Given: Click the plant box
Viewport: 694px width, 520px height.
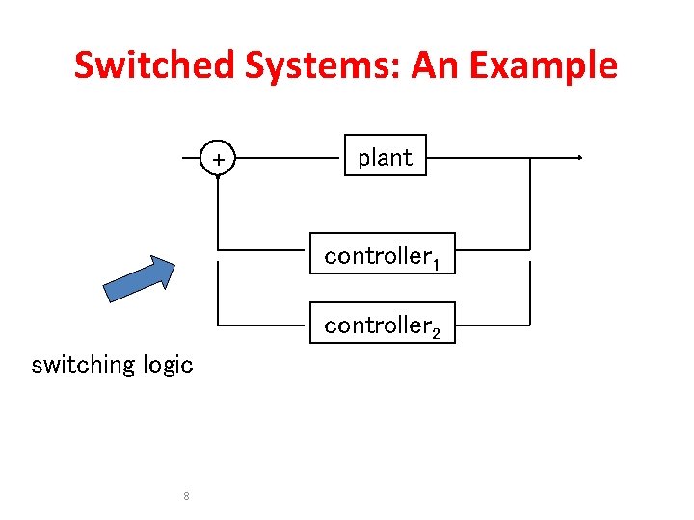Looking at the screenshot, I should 385,157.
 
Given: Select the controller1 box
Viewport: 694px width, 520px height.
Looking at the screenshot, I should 383,255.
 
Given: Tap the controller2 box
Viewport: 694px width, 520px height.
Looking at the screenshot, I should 383,325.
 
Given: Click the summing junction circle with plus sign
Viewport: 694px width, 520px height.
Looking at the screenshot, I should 219,158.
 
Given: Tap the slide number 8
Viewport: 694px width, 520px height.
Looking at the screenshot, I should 186,497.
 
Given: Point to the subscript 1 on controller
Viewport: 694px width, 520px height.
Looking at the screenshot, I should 436,262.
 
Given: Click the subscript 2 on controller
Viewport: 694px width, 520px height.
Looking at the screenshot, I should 436,333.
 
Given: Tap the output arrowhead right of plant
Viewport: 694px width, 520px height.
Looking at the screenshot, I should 579,157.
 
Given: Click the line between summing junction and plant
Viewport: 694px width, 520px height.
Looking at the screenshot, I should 289,157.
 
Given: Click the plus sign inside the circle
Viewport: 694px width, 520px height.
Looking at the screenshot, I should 219,158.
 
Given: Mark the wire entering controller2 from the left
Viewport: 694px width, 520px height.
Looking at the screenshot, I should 264,325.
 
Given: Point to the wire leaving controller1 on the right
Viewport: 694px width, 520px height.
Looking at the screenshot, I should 492,250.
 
